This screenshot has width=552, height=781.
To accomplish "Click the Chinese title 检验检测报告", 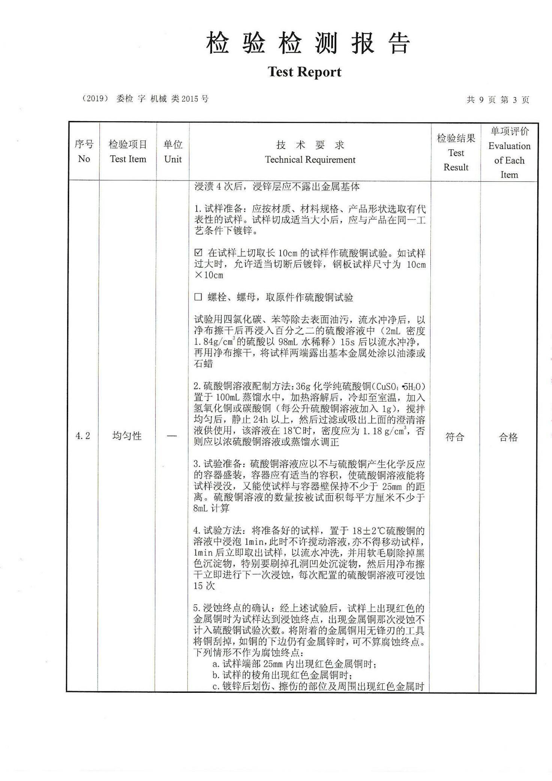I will tap(307, 43).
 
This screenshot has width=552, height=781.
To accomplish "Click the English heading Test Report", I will tap(304, 72).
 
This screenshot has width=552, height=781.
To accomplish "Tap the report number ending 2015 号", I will tap(145, 99).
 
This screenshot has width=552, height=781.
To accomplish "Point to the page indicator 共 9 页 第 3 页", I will tap(498, 99).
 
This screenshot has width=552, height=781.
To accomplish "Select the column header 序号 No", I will tap(84, 151).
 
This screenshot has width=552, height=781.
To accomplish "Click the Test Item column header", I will tap(128, 151).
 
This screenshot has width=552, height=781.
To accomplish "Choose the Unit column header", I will tap(173, 151).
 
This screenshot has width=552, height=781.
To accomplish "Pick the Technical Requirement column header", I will tap(310, 152).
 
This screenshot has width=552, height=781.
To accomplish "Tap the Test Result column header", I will tap(456, 152).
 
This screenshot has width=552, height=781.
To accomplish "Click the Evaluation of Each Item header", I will tap(509, 152).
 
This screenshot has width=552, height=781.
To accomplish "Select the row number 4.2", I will tap(83, 436).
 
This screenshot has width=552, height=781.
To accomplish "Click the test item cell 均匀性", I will tap(127, 436).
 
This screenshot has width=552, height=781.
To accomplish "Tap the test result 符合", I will tap(455, 437).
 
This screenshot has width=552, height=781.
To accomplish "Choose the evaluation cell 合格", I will tap(508, 437).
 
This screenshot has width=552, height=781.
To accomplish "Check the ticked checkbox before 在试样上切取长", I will tap(198, 253).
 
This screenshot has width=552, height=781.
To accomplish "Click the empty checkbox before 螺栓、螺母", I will tap(198, 298).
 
